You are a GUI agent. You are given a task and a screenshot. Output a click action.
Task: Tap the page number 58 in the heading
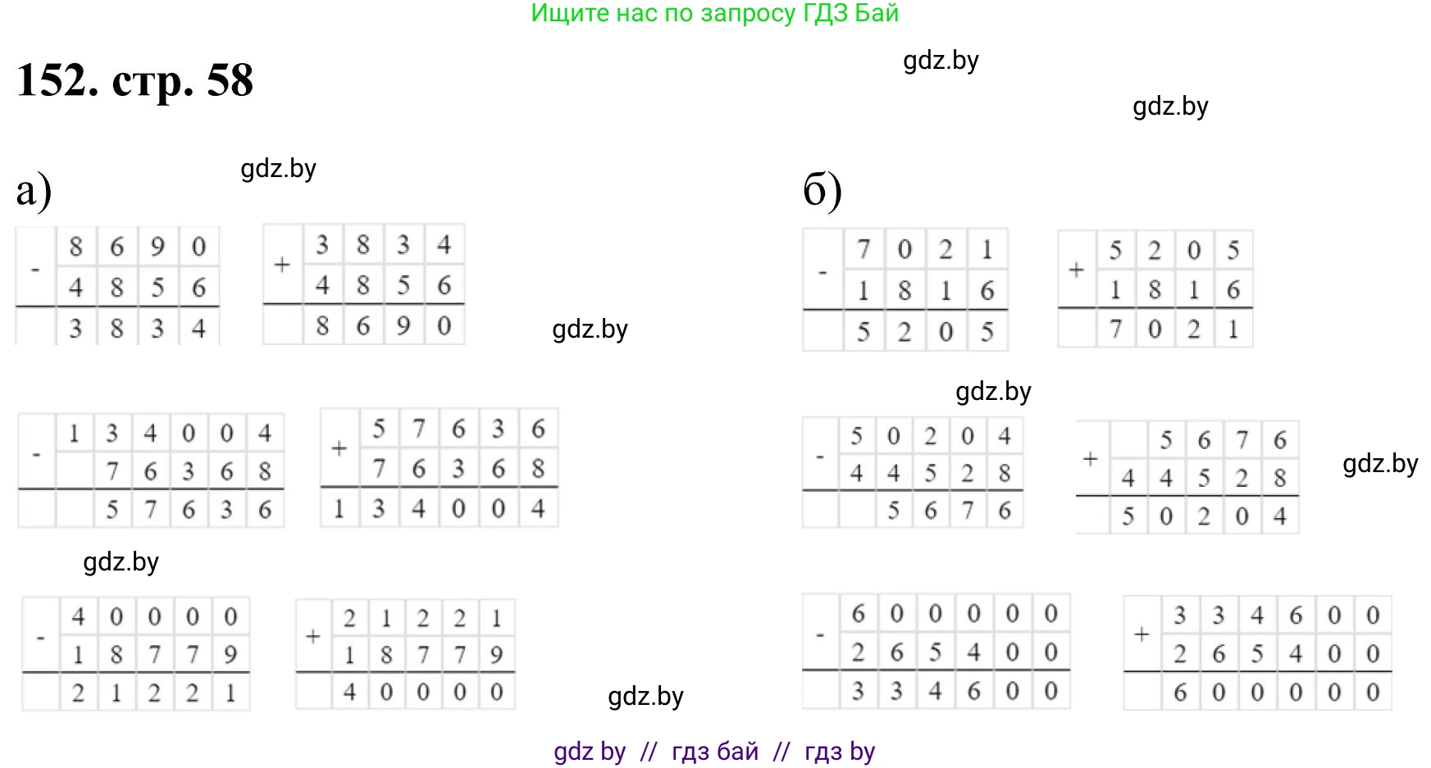pyautogui.click(x=230, y=80)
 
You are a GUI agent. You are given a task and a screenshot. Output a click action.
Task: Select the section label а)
pyautogui.click(x=34, y=190)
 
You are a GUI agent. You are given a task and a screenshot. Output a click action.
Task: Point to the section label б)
pyautogui.click(x=823, y=190)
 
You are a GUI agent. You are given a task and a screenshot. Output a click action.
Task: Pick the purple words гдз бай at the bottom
pyautogui.click(x=715, y=751)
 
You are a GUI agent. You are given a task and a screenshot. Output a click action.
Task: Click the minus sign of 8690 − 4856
pyautogui.click(x=35, y=269)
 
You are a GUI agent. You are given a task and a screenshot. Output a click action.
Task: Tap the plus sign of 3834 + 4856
pyautogui.click(x=282, y=265)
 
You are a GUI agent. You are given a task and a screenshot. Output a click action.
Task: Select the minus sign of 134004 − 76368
pyautogui.click(x=36, y=453)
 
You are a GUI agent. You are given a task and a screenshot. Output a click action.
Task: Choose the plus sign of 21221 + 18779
pyautogui.click(x=312, y=637)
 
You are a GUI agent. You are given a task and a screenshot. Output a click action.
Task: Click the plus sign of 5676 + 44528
pyautogui.click(x=1090, y=459)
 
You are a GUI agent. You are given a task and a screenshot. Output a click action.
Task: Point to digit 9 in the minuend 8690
pyautogui.click(x=157, y=247)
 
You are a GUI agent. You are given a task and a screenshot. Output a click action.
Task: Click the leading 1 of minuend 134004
pyautogui.click(x=74, y=433)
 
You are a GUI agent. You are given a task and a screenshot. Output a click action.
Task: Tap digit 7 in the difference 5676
pyautogui.click(x=968, y=511)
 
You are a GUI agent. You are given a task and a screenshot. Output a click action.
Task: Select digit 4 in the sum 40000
pyautogui.click(x=349, y=693)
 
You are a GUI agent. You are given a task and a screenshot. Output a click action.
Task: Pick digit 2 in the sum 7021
pyautogui.click(x=1194, y=329)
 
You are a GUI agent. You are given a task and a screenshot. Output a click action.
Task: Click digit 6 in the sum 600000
pyautogui.click(x=1180, y=693)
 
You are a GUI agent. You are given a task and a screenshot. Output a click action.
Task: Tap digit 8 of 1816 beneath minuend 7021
pyautogui.click(x=905, y=290)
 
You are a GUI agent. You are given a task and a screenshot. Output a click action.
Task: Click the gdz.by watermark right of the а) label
pyautogui.click(x=278, y=169)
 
